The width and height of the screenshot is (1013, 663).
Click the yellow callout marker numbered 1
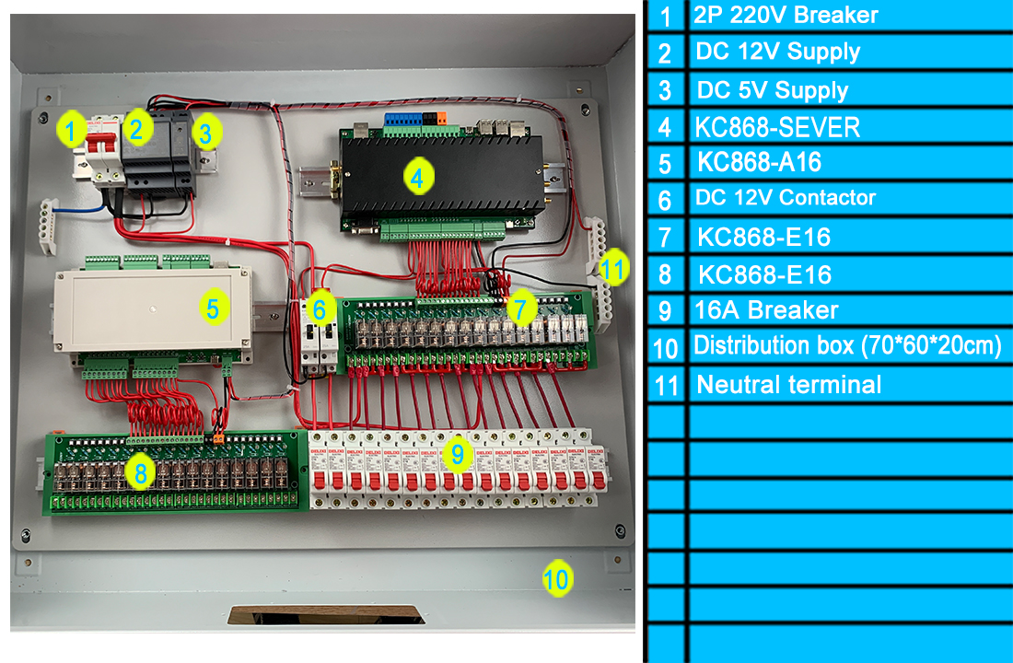(71, 129)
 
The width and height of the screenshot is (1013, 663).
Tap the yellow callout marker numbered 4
(418, 177)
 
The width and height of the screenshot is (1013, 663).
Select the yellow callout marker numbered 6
(320, 308)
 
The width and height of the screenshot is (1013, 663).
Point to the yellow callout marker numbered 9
(458, 454)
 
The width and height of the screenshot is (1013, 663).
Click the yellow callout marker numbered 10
(557, 578)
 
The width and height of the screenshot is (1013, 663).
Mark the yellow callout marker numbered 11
(613, 268)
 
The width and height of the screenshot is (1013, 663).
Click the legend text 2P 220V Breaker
(786, 14)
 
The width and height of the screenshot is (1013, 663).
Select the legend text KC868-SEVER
(777, 127)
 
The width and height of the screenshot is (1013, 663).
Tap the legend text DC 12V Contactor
(785, 197)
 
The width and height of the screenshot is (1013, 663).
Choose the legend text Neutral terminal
(789, 385)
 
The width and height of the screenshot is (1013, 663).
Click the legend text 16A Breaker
(765, 310)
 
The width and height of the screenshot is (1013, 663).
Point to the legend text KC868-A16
(759, 162)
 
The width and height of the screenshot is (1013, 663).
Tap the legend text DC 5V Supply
(772, 90)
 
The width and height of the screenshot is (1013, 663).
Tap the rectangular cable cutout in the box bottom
(326, 614)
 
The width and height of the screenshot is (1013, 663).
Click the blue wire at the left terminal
(79, 209)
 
